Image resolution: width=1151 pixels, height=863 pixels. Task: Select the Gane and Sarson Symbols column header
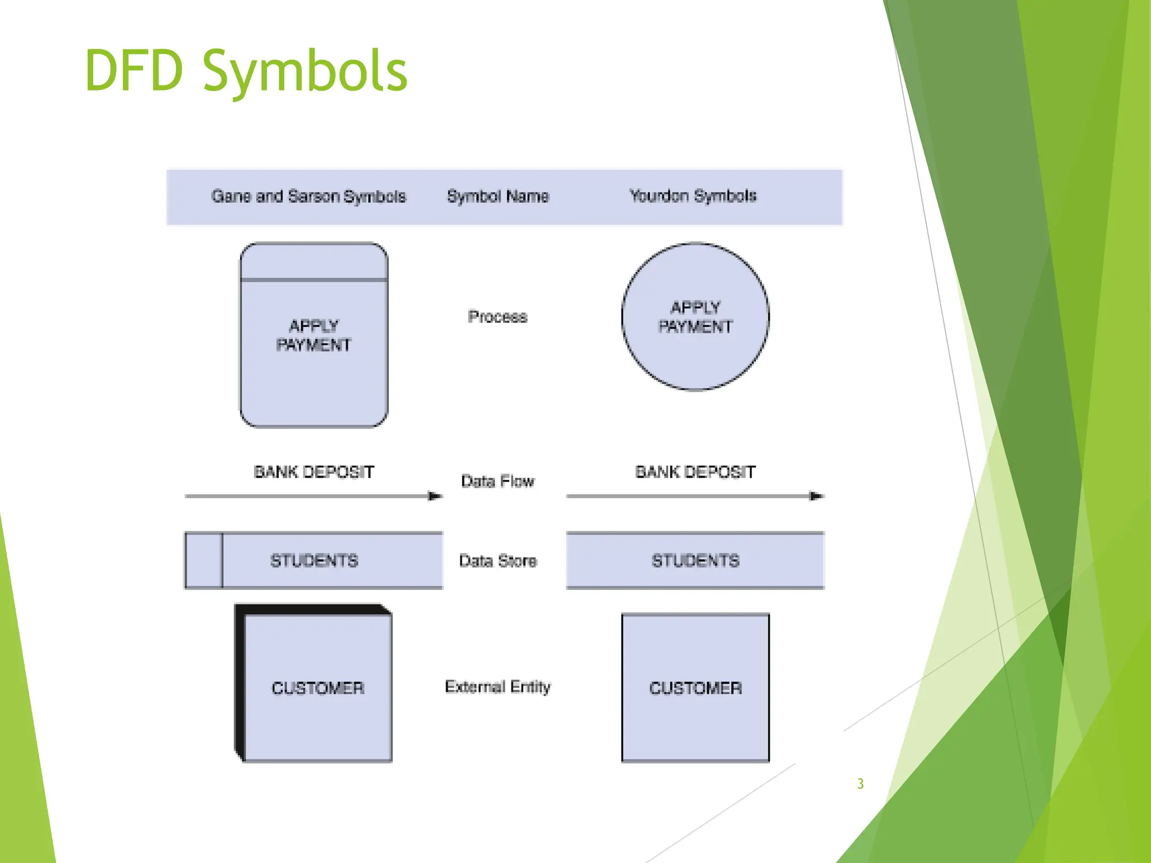308,196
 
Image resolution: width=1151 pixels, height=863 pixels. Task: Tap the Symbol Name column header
497,196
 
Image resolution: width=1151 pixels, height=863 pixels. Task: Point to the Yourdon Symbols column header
692,196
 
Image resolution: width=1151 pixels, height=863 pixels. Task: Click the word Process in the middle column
497,317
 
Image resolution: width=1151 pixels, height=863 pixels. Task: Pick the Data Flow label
497,481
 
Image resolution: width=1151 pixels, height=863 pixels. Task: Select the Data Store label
497,561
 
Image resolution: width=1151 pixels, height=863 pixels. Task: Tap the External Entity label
497,687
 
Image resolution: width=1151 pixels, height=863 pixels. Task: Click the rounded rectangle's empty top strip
314,262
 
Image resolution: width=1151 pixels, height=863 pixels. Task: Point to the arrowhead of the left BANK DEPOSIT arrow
435,496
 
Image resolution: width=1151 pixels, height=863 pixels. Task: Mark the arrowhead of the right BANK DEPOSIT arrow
816,496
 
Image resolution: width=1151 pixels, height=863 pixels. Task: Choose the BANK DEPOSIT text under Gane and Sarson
314,472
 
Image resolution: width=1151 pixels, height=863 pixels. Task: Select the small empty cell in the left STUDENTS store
203,560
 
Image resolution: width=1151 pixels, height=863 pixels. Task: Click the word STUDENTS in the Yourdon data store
695,561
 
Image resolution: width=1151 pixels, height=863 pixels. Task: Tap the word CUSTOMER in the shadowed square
318,688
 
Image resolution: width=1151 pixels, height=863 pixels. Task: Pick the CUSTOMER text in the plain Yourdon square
695,688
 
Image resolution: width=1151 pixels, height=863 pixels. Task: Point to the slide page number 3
860,784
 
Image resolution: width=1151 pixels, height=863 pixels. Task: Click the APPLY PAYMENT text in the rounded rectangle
314,335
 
